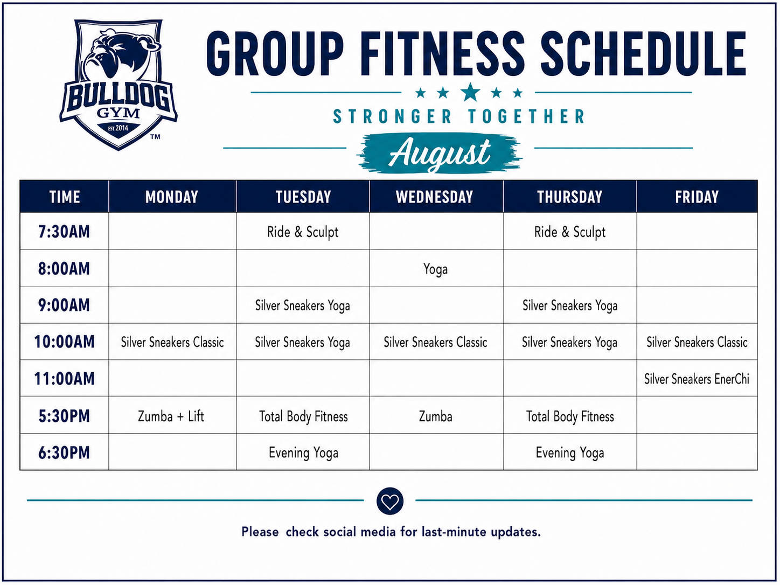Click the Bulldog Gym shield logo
tap(119, 85)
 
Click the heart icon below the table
tap(390, 501)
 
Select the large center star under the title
tap(470, 92)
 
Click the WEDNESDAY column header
tap(434, 197)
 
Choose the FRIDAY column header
tap(697, 197)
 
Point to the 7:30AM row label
tap(64, 232)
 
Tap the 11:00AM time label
tap(64, 379)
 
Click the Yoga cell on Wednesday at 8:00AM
tap(435, 269)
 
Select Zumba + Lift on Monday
tap(171, 416)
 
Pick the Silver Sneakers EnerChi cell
tap(697, 379)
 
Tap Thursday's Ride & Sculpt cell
tap(569, 232)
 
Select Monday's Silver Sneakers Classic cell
tap(172, 343)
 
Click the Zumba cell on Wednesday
tap(435, 416)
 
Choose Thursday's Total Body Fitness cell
tap(570, 416)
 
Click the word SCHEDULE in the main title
tap(643, 53)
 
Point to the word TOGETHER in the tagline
tap(526, 116)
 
